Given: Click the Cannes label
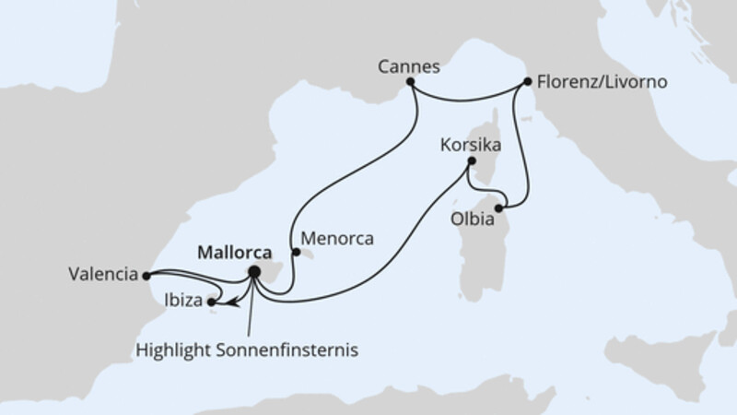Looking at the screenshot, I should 408,67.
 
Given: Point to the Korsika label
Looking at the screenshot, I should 472,146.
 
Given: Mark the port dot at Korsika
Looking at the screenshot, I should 470,161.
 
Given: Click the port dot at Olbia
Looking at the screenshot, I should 498,208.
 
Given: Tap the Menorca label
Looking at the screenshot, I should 339,238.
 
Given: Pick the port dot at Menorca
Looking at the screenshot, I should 295,250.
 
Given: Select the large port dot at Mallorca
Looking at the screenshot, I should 254,272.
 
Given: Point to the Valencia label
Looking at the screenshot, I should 103,274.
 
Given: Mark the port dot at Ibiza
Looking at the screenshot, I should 212,301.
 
